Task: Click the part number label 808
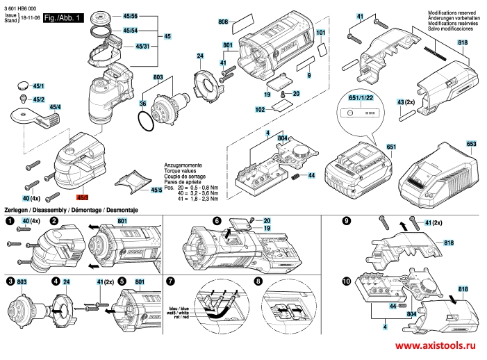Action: [223, 22]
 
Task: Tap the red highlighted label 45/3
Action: [83, 198]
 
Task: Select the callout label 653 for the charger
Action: [472, 144]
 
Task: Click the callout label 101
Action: [320, 33]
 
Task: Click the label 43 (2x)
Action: [406, 101]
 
